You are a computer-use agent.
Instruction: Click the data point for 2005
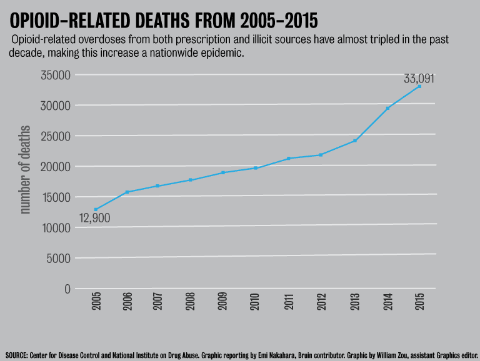coord(96,209)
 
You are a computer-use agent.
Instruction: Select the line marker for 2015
coord(419,86)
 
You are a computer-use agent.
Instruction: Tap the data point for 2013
coord(355,141)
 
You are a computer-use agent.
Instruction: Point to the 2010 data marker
coord(256,168)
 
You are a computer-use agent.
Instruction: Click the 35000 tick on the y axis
coord(54,75)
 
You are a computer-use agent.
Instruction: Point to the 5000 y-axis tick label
coord(57,258)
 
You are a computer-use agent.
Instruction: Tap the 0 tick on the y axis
coord(66,289)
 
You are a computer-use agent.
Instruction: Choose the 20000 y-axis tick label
coord(54,167)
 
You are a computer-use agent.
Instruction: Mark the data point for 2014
coord(387,108)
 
